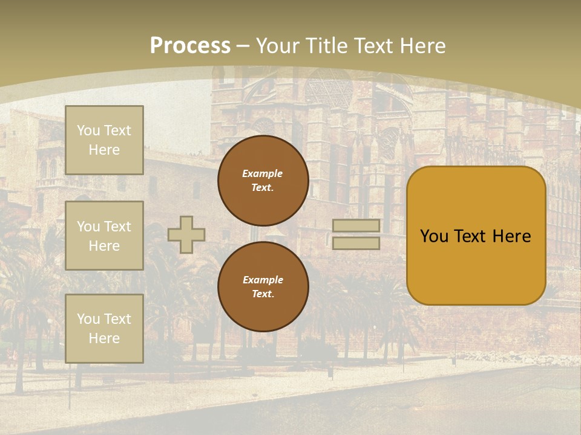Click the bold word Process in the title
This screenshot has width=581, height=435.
pos(190,46)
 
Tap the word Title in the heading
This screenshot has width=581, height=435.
pos(324,46)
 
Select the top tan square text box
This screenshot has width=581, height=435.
pos(104,140)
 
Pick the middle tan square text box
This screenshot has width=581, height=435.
pos(104,236)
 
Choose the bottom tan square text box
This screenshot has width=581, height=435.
pos(104,328)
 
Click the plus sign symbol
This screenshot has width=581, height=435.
pos(186,234)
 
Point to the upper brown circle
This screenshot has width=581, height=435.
pos(263,181)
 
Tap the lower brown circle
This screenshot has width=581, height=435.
pos(263,287)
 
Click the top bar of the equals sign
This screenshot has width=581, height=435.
pos(356,226)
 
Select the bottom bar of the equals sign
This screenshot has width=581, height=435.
pos(356,243)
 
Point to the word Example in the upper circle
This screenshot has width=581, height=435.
pos(263,173)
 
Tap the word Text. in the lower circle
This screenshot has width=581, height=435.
pos(263,294)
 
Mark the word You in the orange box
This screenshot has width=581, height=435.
pos(434,236)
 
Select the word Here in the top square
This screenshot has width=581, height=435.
pos(104,150)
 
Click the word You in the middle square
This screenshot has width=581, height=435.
pos(88,227)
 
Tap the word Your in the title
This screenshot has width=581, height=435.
pos(277,46)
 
